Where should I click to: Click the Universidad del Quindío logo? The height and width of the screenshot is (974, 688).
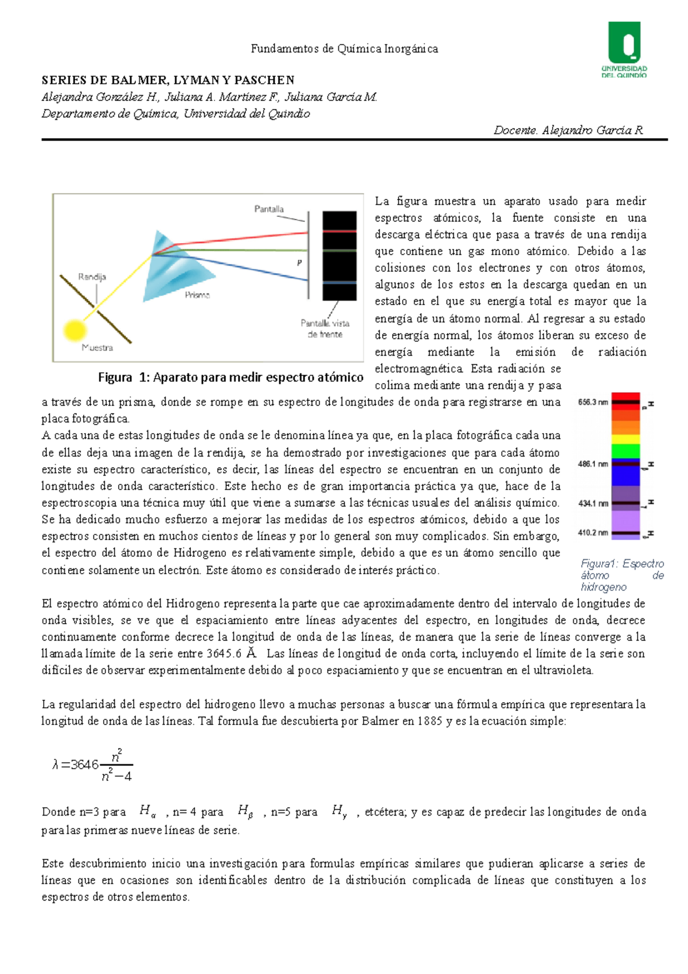point(624,49)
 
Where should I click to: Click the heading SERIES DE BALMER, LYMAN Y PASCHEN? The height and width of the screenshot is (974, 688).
point(168,80)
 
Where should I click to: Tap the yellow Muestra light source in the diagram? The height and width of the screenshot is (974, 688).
point(74,330)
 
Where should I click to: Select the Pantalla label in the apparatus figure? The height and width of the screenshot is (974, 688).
point(269,209)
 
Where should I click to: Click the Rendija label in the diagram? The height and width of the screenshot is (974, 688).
point(92,277)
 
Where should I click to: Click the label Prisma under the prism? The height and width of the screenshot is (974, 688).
point(197,295)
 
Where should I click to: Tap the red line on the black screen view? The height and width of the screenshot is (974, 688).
point(339,231)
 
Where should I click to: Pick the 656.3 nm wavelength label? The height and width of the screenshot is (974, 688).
point(592,402)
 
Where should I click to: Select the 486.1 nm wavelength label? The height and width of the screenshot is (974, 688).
point(592,463)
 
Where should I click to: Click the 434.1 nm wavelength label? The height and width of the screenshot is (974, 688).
point(592,503)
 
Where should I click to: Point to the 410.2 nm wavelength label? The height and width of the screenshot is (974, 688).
point(592,532)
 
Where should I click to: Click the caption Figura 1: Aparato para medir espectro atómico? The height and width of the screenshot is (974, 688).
point(230,377)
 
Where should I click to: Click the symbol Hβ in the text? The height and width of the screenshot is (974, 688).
point(245,811)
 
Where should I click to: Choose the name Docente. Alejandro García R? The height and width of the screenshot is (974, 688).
point(568,130)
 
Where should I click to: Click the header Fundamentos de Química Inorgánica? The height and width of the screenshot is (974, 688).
point(344,49)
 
